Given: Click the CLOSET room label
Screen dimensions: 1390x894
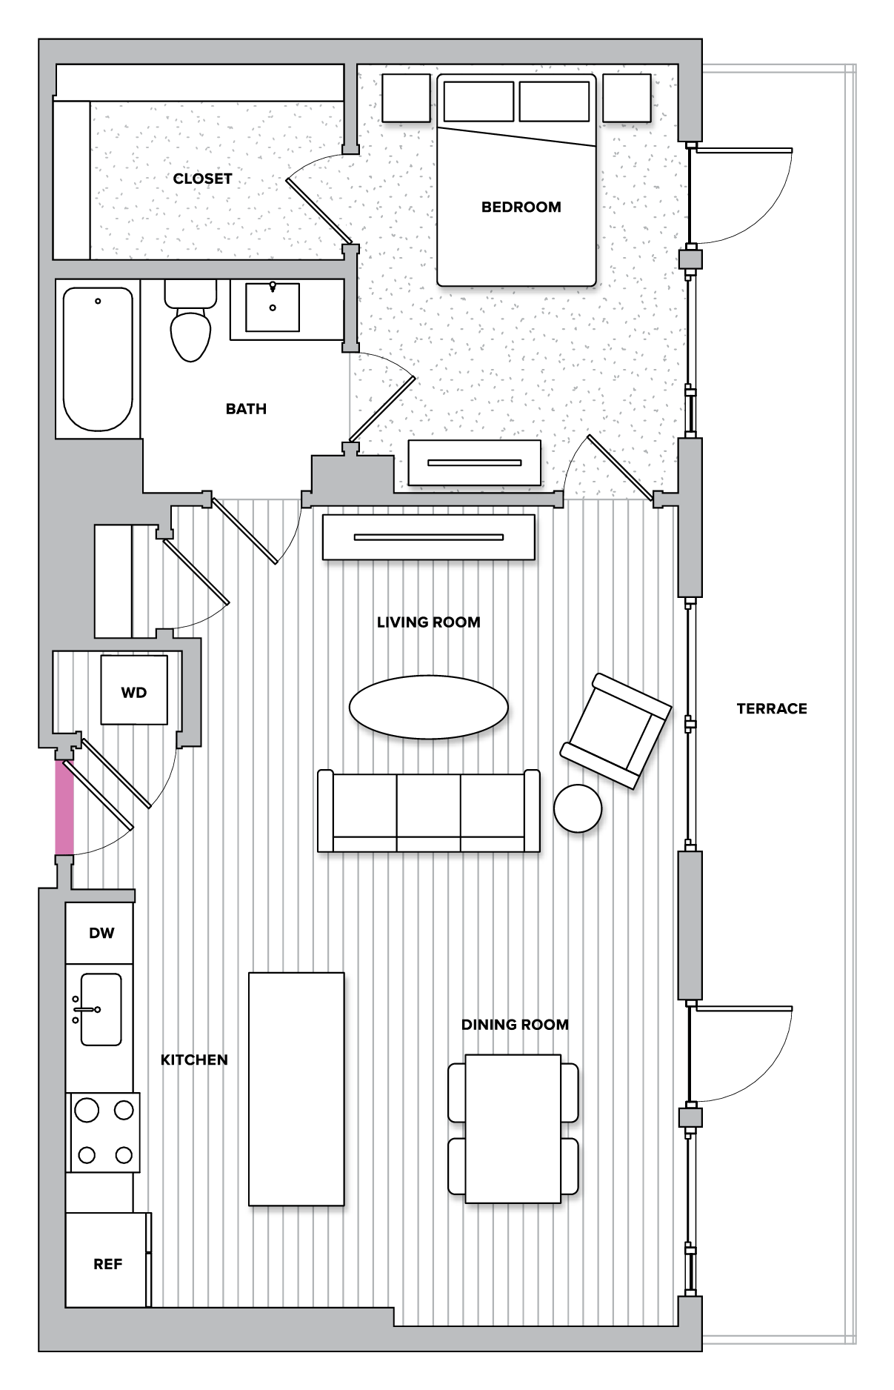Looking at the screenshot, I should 202,179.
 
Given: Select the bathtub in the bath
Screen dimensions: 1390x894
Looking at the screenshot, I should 98,359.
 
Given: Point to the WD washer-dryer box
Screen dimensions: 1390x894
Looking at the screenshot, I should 134,691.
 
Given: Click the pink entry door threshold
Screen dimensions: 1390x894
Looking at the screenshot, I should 64,807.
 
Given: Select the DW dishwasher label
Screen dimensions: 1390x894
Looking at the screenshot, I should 101,933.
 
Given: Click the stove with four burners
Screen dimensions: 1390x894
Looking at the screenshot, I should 104,1132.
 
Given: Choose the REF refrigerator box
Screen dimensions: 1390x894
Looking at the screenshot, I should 107,1264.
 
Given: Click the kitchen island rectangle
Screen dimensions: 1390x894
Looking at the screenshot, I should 296,1088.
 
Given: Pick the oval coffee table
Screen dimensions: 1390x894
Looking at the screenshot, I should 428,707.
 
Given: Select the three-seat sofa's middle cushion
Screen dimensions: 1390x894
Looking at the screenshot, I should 428,806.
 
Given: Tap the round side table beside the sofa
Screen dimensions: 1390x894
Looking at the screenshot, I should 578,808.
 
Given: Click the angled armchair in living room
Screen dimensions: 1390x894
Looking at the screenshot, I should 616,731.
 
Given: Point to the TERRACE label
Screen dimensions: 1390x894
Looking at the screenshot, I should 772,708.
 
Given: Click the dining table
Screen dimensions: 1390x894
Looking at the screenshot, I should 513,1128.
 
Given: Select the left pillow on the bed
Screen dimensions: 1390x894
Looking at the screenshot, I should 478,102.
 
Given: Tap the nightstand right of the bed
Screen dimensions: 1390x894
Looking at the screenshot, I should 627,98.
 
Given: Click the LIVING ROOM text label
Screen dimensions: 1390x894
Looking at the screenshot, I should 428,622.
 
